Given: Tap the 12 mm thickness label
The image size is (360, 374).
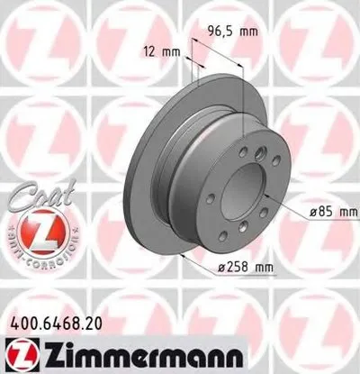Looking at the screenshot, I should [x=157, y=52].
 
